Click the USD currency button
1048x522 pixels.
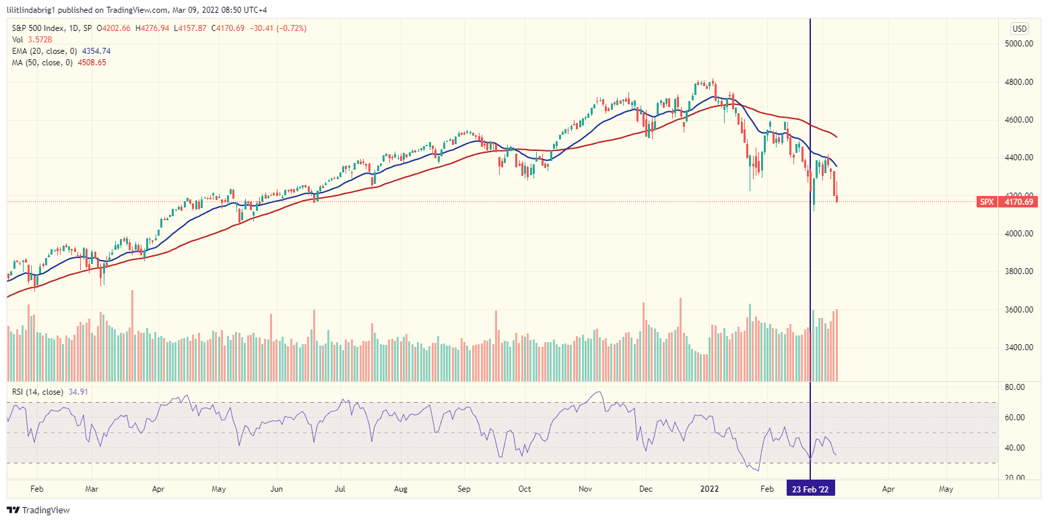coord(1019,29)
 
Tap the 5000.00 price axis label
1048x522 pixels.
coord(1018,44)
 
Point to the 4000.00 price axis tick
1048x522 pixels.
coord(1018,234)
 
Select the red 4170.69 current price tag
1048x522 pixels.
coord(1018,202)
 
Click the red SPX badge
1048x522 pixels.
coord(986,202)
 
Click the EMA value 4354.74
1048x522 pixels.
coord(96,51)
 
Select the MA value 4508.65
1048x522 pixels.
coord(91,63)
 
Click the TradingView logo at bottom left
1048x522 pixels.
coord(38,511)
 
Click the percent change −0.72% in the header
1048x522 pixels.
coord(293,29)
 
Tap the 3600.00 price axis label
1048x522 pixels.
coord(1018,310)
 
